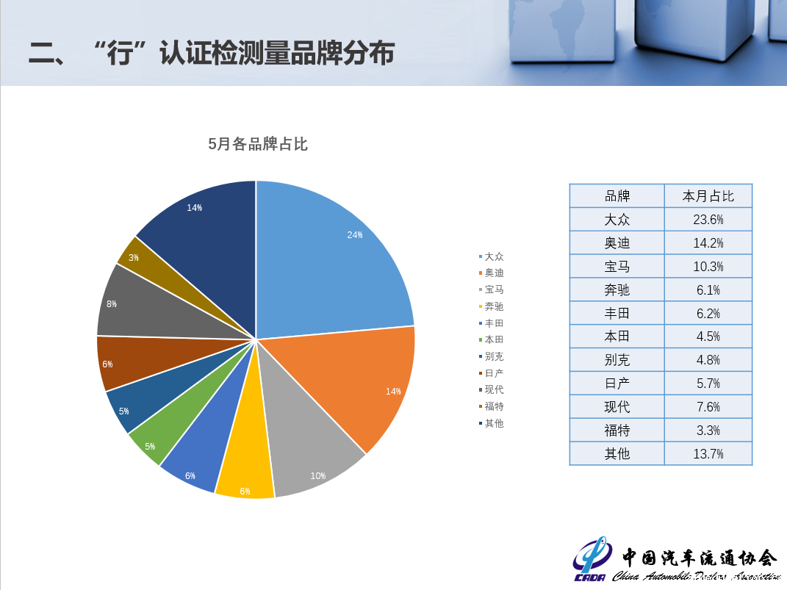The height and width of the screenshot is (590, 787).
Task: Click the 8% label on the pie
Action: [112, 304]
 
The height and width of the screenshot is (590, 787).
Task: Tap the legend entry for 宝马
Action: [491, 290]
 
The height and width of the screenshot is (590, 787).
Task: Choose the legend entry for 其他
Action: [491, 423]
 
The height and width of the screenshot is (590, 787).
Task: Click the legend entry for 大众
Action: [491, 256]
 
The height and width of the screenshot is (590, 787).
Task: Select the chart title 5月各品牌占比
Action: [258, 144]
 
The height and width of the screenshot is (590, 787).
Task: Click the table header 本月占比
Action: [708, 196]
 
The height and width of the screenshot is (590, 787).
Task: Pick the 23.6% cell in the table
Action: [708, 220]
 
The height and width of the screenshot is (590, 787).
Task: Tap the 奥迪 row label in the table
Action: [617, 242]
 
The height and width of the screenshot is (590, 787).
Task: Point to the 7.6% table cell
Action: [708, 407]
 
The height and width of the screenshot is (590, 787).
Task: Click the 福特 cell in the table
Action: [617, 431]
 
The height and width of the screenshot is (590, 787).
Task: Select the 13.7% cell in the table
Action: [708, 454]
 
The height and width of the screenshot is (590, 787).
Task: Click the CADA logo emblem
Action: [593, 558]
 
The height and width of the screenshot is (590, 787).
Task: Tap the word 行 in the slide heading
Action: [120, 53]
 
